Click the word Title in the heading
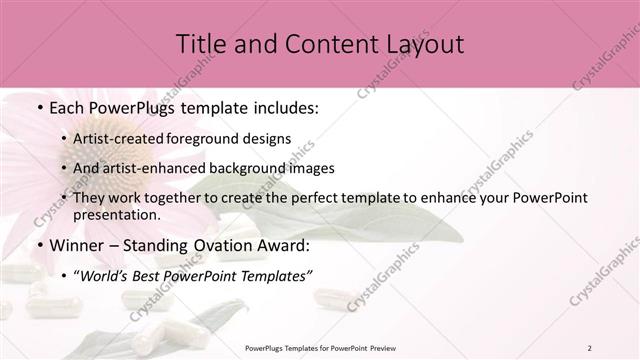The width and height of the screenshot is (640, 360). pyautogui.click(x=199, y=44)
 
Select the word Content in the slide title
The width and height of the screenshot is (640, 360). pyautogui.click(x=316, y=44)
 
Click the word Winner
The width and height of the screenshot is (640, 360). pyautogui.click(x=75, y=245)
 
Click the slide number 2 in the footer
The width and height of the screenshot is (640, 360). pyautogui.click(x=589, y=348)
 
